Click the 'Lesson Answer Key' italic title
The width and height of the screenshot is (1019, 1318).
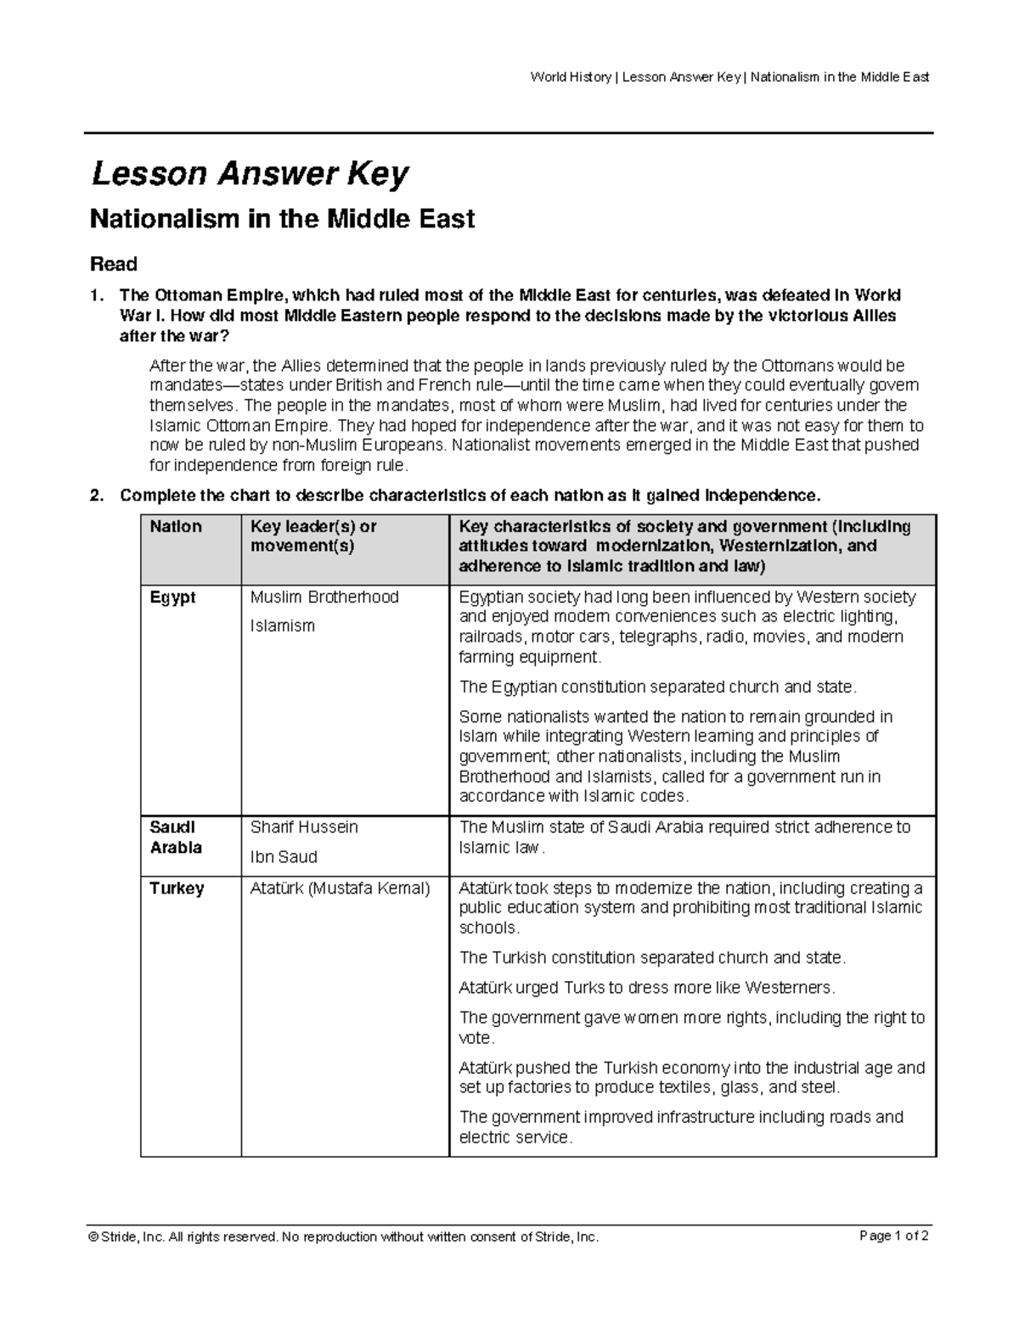point(250,175)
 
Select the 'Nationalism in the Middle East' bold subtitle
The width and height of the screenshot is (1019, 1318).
point(282,220)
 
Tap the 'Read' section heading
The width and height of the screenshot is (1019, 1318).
point(114,264)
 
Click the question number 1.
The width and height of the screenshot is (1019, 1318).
point(97,296)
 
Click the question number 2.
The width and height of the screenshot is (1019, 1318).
point(97,496)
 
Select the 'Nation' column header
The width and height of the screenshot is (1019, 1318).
point(176,527)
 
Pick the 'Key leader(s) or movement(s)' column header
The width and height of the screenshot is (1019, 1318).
point(313,536)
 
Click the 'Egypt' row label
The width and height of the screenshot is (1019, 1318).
point(172,597)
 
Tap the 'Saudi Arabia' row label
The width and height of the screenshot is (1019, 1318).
point(176,837)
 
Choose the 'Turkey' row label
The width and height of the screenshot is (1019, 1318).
point(177,889)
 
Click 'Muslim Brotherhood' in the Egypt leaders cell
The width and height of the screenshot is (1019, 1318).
point(324,597)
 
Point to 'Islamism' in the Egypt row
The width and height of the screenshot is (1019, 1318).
point(282,626)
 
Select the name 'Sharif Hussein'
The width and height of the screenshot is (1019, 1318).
point(304,827)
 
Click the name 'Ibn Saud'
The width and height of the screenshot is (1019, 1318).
point(284,857)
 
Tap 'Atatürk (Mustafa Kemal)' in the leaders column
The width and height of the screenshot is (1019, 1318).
point(341,889)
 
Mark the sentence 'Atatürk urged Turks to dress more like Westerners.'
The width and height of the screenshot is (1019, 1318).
point(647,988)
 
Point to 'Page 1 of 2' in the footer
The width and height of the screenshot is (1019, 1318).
point(894,1237)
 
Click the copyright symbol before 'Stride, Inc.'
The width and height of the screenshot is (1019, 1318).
point(94,1237)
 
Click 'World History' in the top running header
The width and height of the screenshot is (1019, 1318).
point(570,77)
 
